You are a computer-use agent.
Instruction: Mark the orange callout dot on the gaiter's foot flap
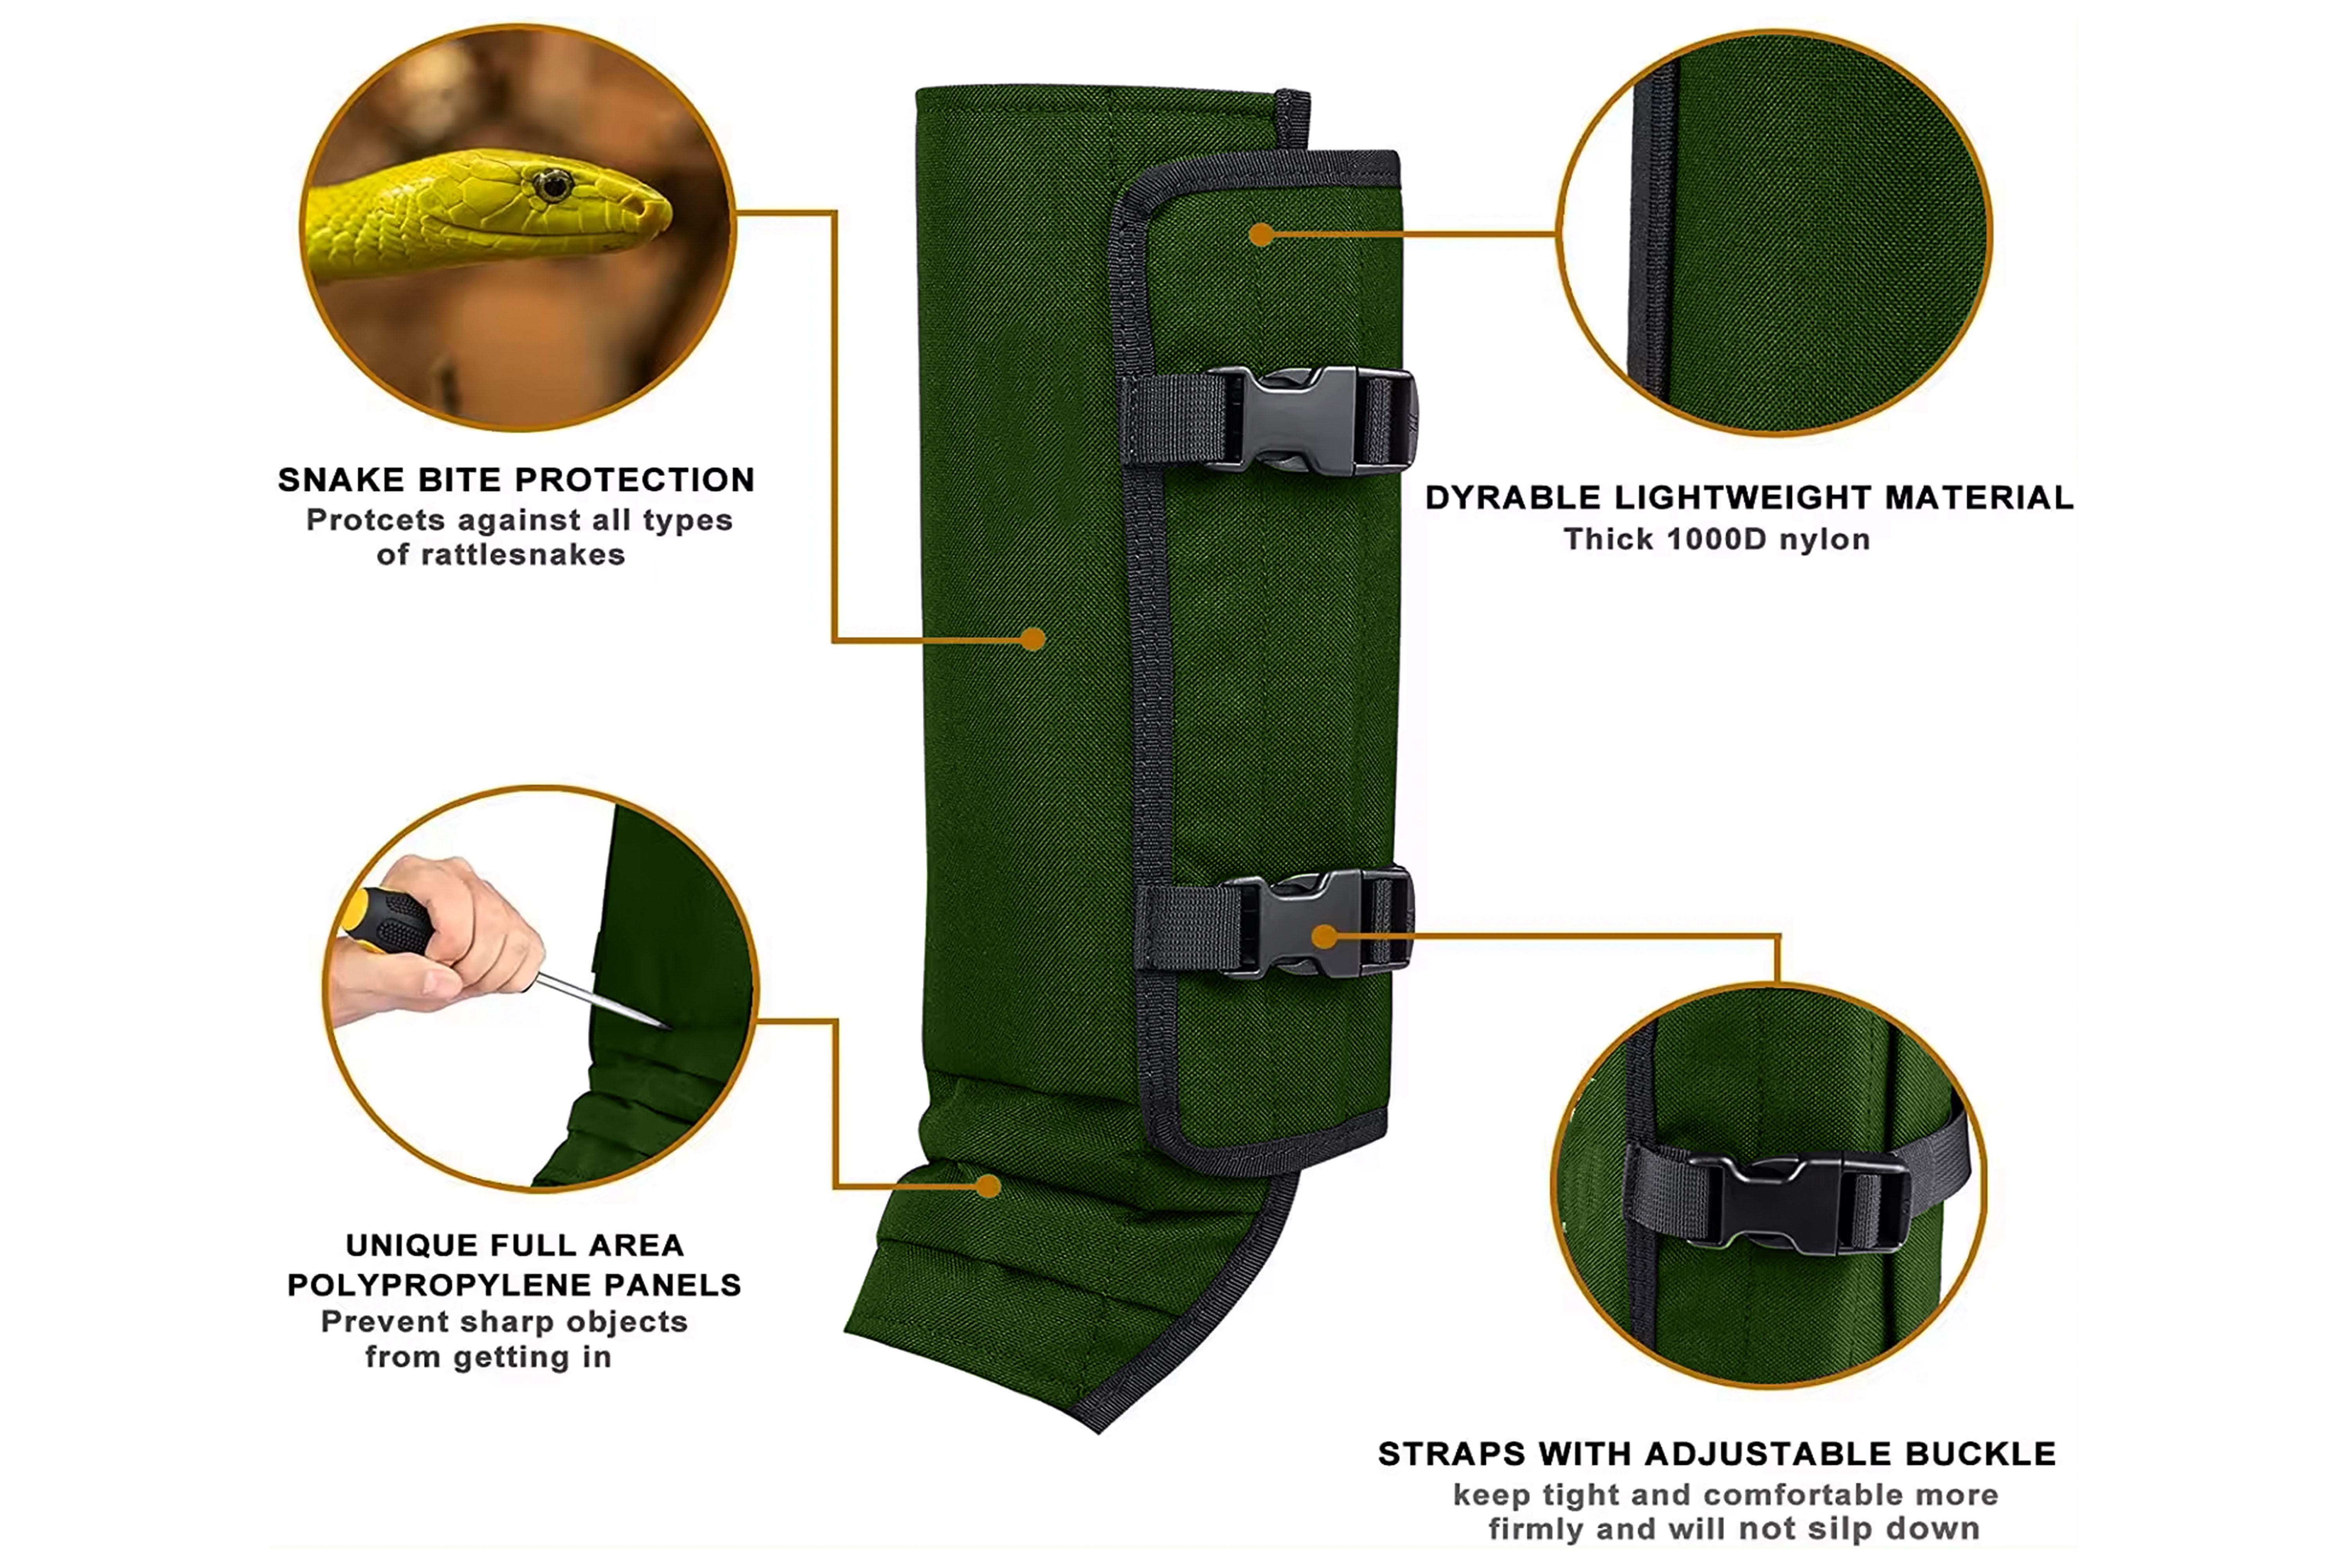(x=989, y=1186)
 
